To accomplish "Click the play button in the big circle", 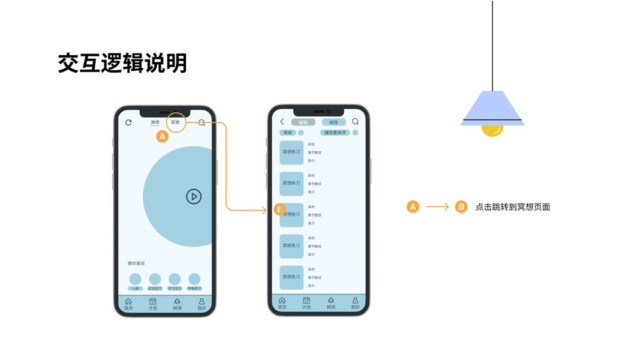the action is click(193, 196).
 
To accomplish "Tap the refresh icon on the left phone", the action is click(128, 122).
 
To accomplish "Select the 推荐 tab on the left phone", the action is click(155, 122).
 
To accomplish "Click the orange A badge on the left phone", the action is click(162, 137).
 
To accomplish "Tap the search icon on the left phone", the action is click(202, 122).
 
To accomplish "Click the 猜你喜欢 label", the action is click(136, 263).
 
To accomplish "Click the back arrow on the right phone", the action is click(282, 122).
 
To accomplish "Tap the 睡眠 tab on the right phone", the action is click(303, 122).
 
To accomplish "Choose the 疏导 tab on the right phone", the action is click(333, 122).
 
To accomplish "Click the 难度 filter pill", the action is click(288, 133).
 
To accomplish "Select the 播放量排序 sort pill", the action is click(335, 133).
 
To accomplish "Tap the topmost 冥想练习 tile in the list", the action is click(292, 152).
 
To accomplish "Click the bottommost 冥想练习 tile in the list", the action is click(292, 277).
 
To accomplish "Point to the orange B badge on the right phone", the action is click(280, 209).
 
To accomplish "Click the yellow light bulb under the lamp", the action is click(492, 130).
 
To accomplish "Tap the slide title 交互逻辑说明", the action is click(122, 63).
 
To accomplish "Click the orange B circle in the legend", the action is click(461, 207).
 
